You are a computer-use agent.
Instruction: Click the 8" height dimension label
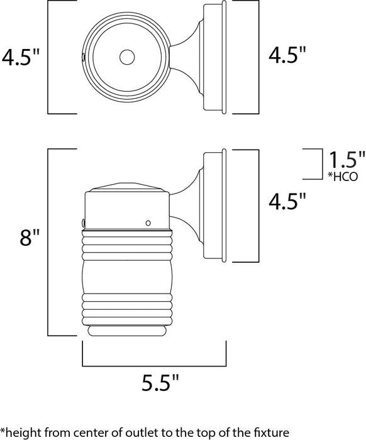click(30, 238)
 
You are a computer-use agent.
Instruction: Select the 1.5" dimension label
click(347, 160)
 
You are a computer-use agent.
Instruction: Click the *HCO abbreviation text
click(343, 176)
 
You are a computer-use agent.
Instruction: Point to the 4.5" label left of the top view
click(21, 57)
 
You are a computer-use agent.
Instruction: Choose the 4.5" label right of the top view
click(287, 55)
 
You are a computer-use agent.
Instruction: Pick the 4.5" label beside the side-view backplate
click(287, 201)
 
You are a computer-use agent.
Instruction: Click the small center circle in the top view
click(127, 57)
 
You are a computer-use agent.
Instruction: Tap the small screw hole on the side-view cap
click(148, 223)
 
